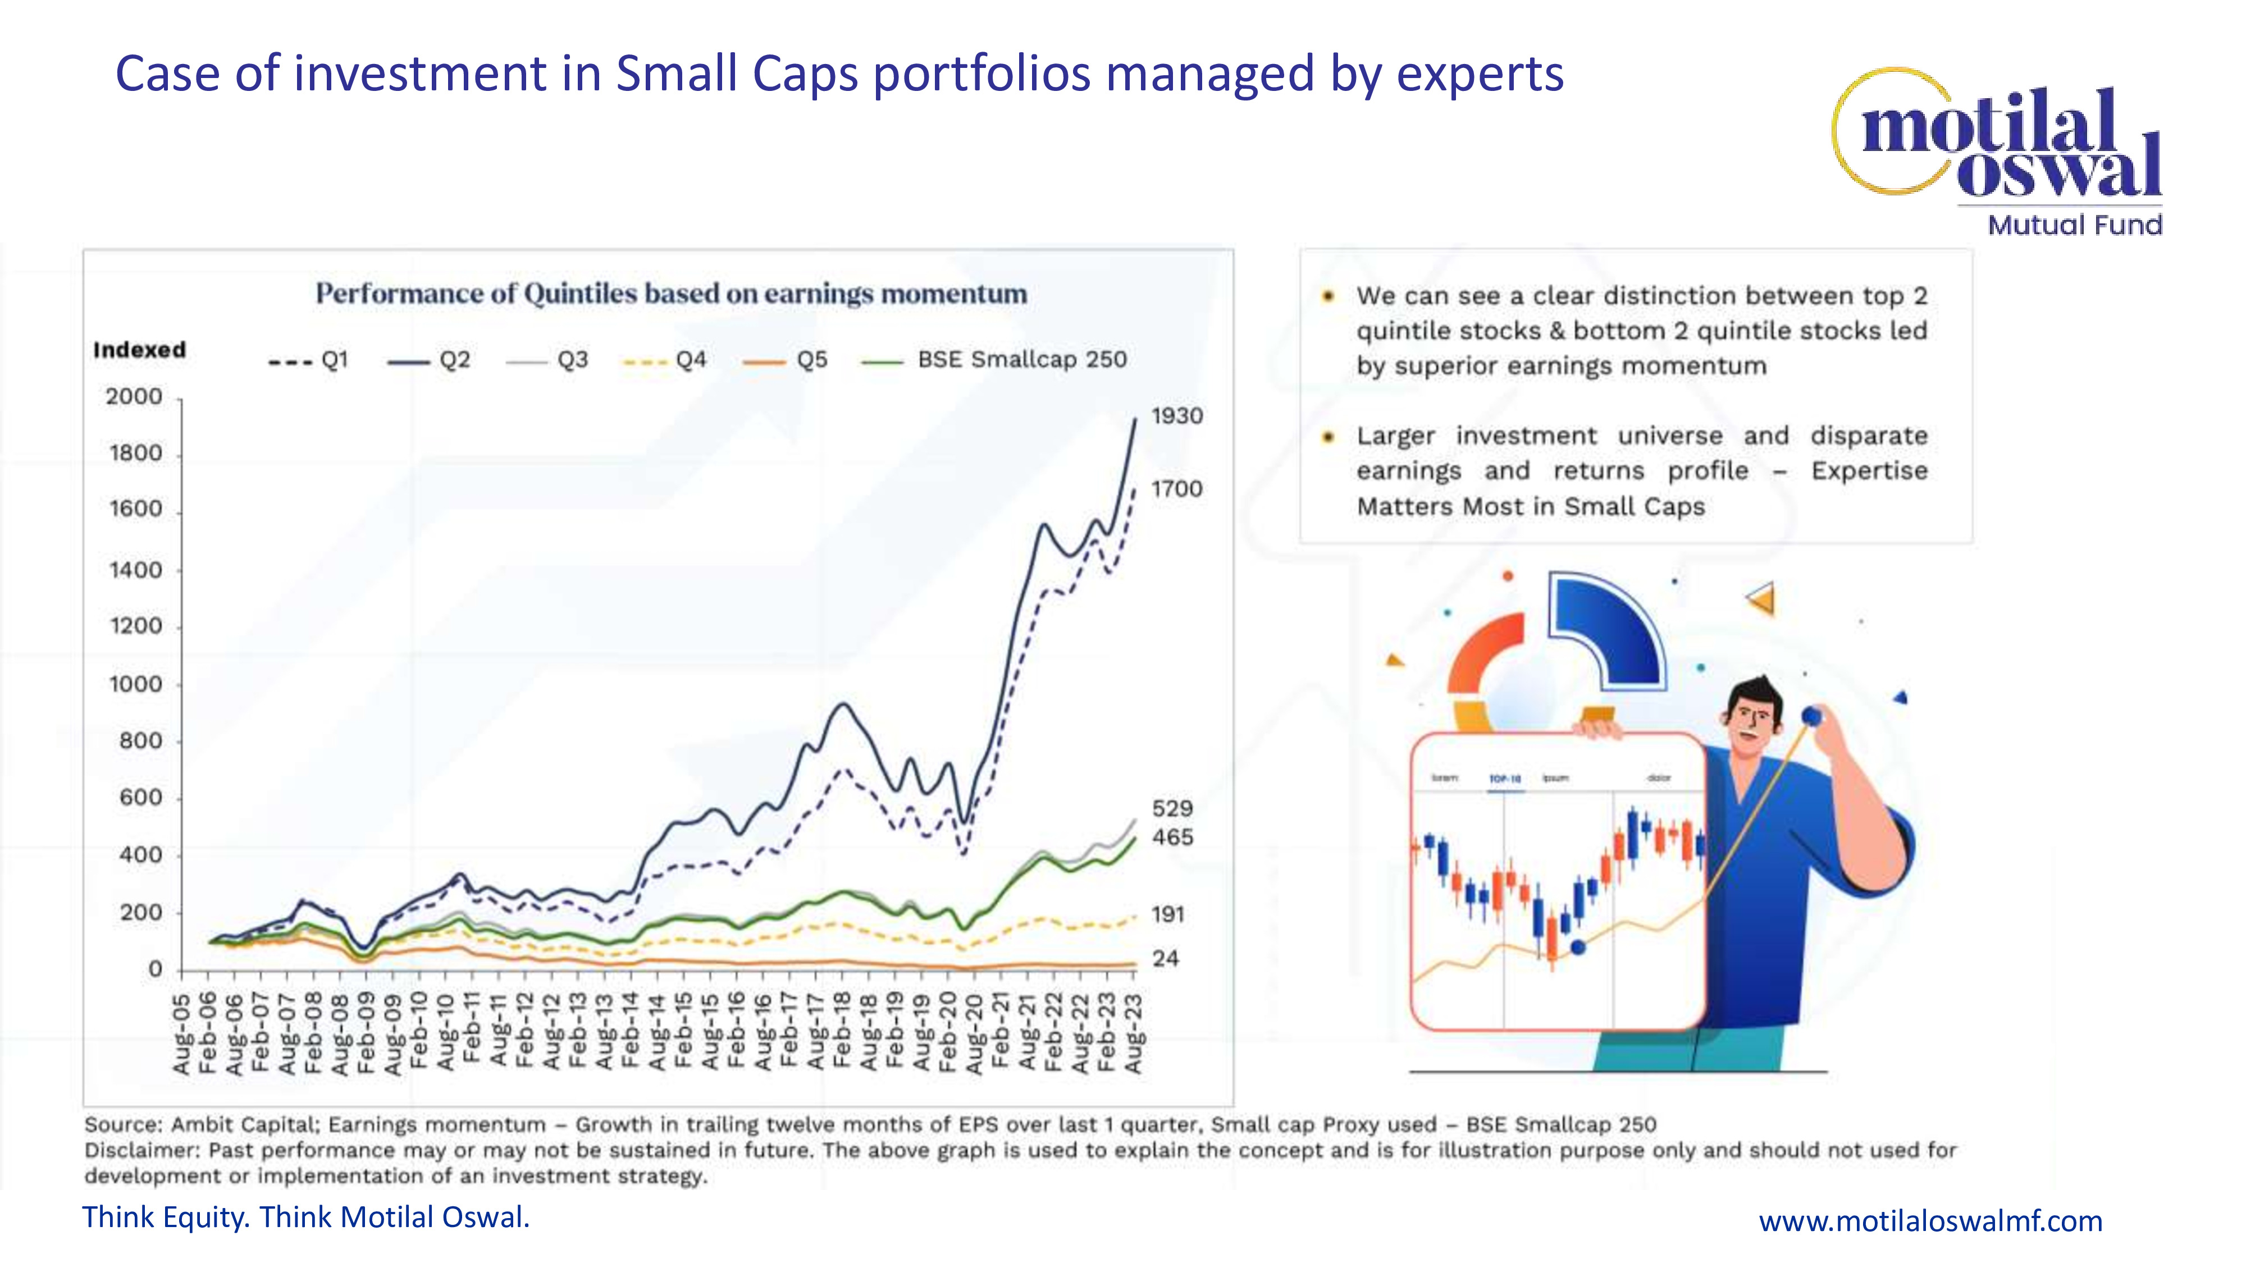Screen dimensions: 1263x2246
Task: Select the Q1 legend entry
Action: point(309,360)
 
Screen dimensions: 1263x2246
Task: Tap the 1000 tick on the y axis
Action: point(136,684)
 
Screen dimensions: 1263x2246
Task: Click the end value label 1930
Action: point(1176,416)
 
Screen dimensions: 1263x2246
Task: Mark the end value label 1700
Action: point(1176,489)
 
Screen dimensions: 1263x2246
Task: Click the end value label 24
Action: point(1166,959)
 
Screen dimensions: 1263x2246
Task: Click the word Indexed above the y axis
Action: point(139,350)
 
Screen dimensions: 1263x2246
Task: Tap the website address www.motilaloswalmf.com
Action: point(1929,1220)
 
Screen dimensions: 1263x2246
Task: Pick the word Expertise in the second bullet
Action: point(1869,471)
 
